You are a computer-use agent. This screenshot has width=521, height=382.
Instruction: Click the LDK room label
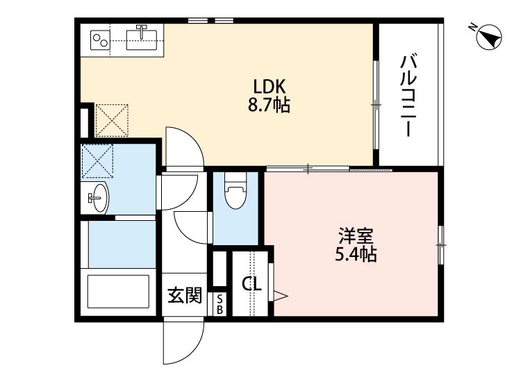(x=269, y=88)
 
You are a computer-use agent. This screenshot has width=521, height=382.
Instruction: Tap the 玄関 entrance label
(x=185, y=297)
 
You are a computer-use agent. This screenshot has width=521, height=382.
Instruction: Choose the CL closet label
(x=251, y=283)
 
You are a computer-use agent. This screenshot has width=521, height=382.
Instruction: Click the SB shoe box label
(x=220, y=304)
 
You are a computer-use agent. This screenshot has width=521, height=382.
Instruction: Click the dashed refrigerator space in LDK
(x=112, y=120)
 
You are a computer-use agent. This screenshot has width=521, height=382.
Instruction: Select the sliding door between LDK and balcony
(x=376, y=104)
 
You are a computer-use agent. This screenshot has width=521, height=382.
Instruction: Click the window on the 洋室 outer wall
(x=440, y=244)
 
